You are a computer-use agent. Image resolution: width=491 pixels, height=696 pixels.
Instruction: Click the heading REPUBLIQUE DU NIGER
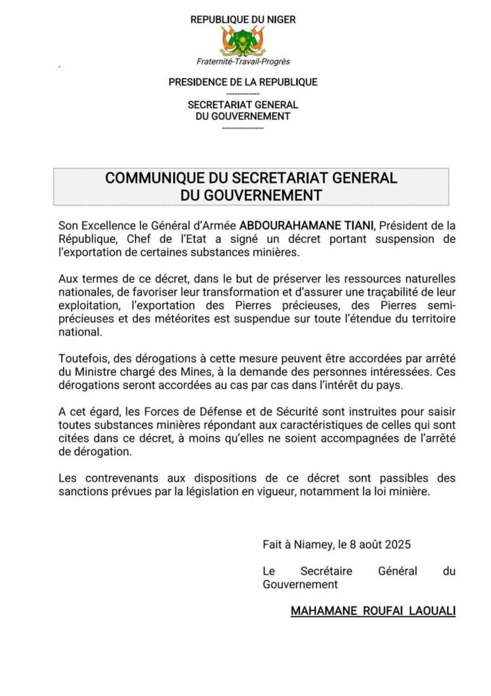243,20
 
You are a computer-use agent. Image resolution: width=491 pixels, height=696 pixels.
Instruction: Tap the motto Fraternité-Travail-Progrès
243,62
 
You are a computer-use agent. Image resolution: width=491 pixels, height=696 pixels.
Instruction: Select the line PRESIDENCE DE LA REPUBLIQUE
243,82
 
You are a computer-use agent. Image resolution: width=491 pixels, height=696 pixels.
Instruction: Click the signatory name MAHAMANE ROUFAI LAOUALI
373,611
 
